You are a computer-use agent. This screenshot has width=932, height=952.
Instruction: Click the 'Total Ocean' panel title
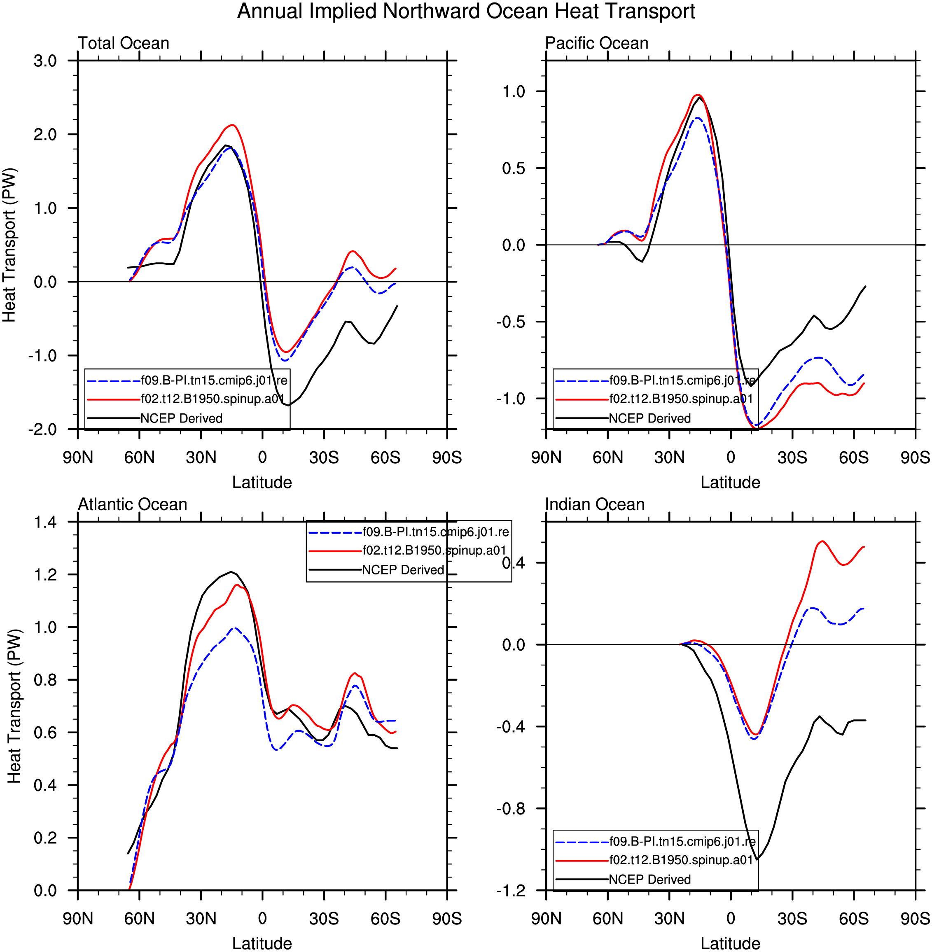click(124, 43)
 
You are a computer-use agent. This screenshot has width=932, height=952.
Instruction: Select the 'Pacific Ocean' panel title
click(597, 43)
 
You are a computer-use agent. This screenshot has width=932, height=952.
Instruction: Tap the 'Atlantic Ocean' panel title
click(133, 504)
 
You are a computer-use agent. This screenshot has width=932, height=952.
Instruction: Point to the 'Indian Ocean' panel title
click(595, 504)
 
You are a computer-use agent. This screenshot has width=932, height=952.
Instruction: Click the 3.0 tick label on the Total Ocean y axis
click(45, 61)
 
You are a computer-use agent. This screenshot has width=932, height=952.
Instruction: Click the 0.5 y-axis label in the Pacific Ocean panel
click(514, 168)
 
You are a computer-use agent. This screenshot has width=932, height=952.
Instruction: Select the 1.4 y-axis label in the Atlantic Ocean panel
click(45, 522)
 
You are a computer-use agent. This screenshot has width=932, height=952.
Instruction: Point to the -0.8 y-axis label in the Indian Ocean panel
click(511, 809)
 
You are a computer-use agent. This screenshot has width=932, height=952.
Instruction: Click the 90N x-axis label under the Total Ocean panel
click(78, 457)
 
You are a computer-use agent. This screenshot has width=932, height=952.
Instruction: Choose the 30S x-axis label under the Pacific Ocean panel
click(792, 457)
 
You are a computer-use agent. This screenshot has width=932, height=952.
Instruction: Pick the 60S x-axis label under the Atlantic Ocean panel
click(385, 919)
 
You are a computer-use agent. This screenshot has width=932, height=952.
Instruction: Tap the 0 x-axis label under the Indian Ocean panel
click(731, 919)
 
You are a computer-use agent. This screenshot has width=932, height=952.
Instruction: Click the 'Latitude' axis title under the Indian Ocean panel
click(730, 943)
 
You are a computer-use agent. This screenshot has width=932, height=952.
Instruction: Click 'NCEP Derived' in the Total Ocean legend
click(181, 418)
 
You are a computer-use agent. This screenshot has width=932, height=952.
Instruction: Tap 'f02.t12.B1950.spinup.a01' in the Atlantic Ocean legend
click(434, 551)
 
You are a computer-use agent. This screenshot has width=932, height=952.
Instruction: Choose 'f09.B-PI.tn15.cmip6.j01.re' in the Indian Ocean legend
click(682, 841)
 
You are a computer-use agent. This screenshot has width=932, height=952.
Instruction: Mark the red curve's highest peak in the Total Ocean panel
click(233, 125)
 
